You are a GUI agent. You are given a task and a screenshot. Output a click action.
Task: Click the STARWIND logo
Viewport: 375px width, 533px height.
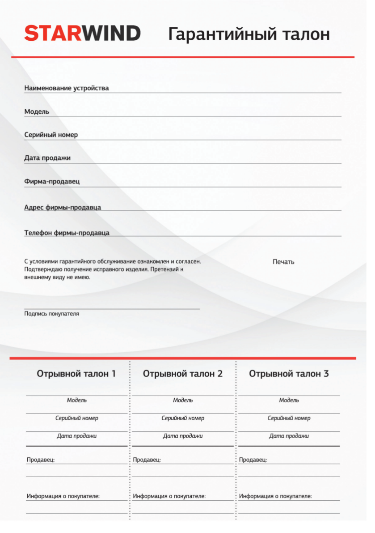click(82, 34)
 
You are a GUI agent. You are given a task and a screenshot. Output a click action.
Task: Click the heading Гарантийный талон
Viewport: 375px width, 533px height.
click(249, 34)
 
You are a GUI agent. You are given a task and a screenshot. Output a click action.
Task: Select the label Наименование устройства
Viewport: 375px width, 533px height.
click(67, 88)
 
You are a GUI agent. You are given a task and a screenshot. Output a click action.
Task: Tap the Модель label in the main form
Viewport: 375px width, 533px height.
click(37, 111)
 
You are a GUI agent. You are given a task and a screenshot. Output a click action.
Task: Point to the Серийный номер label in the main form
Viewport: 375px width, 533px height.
click(51, 135)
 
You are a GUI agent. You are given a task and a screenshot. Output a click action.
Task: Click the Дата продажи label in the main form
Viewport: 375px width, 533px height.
click(47, 158)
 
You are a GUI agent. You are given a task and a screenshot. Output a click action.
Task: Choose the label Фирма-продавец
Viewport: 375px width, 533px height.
click(52, 182)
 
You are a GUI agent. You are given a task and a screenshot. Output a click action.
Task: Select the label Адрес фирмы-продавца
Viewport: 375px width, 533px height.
click(63, 207)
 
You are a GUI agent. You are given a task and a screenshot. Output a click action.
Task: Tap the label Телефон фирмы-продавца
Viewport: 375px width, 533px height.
click(67, 233)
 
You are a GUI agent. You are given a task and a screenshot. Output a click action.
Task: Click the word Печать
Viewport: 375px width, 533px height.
click(283, 262)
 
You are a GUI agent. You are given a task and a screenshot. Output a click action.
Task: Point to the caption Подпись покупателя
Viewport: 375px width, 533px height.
click(51, 314)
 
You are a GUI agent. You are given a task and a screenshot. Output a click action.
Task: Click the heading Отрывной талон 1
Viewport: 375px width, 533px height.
click(76, 374)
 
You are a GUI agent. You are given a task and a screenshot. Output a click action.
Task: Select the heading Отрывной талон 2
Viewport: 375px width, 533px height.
click(183, 374)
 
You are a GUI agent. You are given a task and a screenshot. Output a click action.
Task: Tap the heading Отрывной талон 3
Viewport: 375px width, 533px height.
click(289, 374)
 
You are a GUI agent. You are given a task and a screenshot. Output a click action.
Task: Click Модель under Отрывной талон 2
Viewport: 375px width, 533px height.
click(183, 400)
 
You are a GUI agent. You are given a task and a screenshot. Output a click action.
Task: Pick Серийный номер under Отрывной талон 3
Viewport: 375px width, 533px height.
click(289, 418)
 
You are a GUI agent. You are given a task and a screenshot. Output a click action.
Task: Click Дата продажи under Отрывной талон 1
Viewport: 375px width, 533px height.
click(76, 436)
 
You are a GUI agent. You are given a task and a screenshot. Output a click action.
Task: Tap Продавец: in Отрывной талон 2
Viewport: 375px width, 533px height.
click(147, 460)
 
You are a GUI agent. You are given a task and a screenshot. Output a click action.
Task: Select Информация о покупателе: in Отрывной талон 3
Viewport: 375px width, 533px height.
click(275, 496)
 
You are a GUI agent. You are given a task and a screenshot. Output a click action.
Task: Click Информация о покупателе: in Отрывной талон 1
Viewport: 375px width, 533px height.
click(63, 496)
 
